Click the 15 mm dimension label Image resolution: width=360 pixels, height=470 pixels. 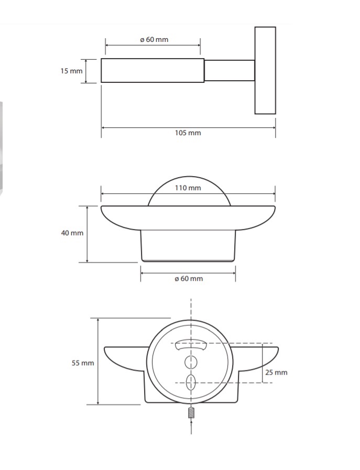[x=71, y=71]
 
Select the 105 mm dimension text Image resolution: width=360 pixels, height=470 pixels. [x=188, y=133]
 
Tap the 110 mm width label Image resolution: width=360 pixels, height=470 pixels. [x=188, y=188]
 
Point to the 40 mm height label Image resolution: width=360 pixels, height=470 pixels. [x=72, y=233]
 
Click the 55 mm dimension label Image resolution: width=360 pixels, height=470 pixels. [x=83, y=363]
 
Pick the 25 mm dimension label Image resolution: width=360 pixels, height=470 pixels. [x=276, y=373]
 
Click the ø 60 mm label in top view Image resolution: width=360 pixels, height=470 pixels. [x=155, y=40]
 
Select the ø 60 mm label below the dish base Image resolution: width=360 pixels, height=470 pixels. [x=189, y=279]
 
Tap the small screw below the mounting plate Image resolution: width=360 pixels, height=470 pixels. [x=191, y=413]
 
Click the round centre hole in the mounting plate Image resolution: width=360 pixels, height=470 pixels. [x=191, y=362]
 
